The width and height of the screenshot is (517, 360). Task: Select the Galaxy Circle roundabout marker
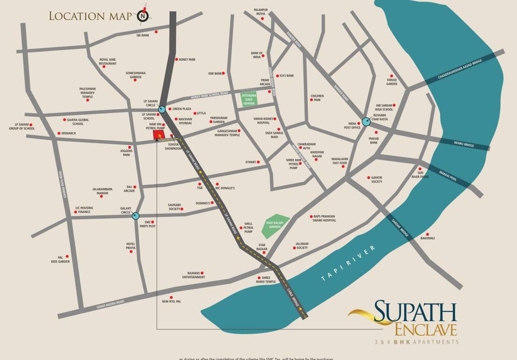click(136, 216)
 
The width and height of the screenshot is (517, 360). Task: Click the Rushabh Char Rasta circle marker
click(366, 121)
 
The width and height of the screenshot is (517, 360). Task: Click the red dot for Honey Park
click(177, 60)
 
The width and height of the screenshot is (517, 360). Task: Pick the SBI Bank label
click(142, 35)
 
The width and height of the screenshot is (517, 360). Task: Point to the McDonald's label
click(225, 188)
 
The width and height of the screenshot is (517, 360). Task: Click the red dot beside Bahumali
click(427, 234)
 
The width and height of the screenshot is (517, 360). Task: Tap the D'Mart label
click(251, 162)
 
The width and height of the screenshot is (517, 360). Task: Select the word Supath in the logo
click(415, 311)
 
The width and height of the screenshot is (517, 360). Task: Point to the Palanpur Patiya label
click(260, 12)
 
